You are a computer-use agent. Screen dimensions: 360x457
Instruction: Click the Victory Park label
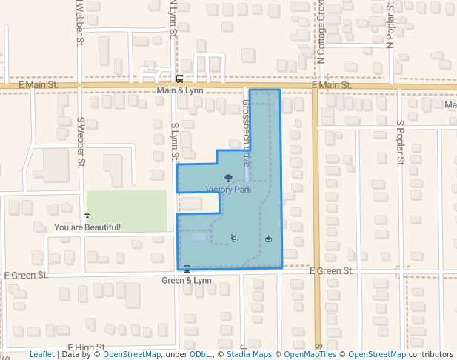coord(229,190)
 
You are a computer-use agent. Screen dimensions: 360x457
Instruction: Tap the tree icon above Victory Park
coord(227,178)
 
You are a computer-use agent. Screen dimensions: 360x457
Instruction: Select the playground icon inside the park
coord(234,238)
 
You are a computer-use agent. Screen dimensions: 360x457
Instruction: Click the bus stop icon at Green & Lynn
coord(187,270)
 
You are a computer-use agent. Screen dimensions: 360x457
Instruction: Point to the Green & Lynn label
coord(187,281)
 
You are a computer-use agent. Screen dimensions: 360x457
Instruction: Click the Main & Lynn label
coord(179,90)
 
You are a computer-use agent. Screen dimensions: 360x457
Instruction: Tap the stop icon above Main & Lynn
coord(179,79)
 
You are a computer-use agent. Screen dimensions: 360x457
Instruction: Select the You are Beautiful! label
coord(87,227)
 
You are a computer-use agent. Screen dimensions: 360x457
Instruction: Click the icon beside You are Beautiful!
coord(87,216)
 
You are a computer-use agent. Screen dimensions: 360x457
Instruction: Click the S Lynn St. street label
coord(175,141)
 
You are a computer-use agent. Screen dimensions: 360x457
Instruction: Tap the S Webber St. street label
coord(82,141)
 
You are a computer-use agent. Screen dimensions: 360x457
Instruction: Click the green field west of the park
coord(127,211)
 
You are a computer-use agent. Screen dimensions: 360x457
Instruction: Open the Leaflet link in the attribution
coord(41,355)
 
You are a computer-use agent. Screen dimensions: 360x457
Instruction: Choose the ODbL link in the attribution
coord(200,355)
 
